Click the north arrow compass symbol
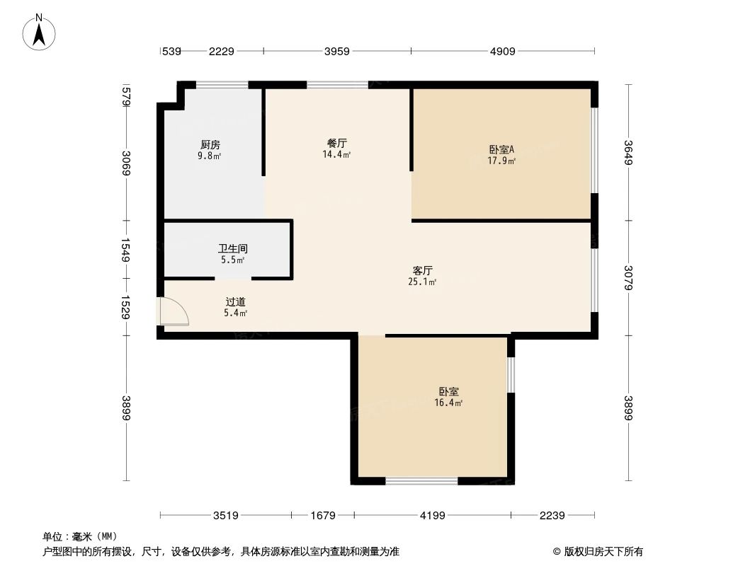click(x=40, y=32)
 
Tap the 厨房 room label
click(x=210, y=145)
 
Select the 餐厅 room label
click(x=336, y=143)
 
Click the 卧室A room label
click(x=501, y=149)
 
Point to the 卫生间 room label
click(x=232, y=249)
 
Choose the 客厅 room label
click(x=423, y=270)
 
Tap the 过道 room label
click(x=235, y=302)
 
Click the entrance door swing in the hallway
click(x=174, y=311)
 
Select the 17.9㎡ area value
click(x=501, y=161)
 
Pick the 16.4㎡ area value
click(x=448, y=403)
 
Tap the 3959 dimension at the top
click(x=337, y=51)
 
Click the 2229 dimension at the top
click(x=221, y=51)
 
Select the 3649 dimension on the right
click(x=628, y=152)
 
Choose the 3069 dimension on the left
click(x=126, y=163)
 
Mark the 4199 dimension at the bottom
click(x=432, y=516)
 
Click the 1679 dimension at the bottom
click(x=323, y=516)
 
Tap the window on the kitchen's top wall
click(x=222, y=86)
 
